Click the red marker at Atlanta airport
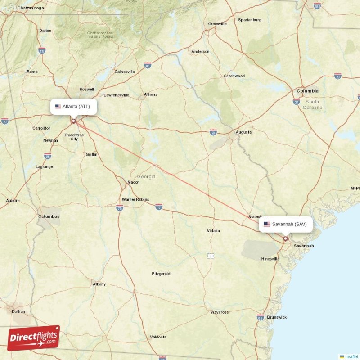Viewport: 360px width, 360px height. coord(73,121)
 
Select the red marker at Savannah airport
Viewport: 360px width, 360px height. coord(285,238)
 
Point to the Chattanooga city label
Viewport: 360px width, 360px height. coord(30,8)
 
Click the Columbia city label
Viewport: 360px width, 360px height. coord(307,91)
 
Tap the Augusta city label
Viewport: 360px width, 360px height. coord(243,132)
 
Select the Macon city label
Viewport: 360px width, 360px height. coord(134,182)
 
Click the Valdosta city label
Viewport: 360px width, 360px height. coord(158,337)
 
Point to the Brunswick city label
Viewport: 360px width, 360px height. coord(277,317)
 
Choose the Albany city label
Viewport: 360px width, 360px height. coord(99,284)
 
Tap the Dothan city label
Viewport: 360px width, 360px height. coord(18,311)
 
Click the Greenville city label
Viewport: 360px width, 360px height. coord(217,24)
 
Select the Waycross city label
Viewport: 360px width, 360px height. coord(220,312)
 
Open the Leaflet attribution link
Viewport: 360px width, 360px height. coord(351,356)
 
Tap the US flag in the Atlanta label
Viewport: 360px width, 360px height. coord(58,107)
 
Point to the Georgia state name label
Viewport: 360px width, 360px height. coord(146,177)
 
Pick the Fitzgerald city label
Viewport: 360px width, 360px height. coord(161,274)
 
